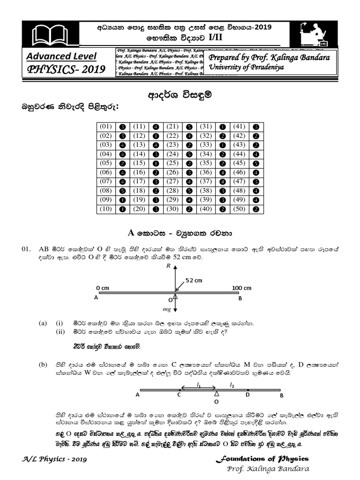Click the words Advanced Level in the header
[61, 57]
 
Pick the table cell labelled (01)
[105, 127]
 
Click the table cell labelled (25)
[172, 163]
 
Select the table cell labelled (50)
[240, 209]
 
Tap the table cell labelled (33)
[206, 144]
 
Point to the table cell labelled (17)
[139, 181]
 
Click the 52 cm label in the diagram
[194, 280]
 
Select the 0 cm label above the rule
[103, 287]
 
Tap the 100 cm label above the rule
[241, 287]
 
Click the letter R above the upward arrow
[168, 266]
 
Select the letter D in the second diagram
[248, 395]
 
